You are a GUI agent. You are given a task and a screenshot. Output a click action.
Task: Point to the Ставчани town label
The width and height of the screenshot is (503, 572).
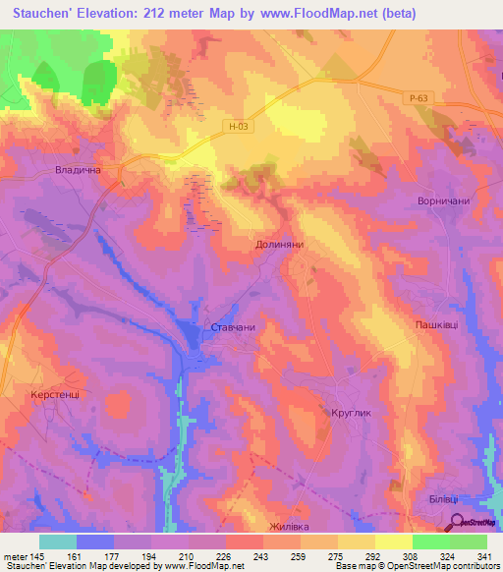pos(233,328)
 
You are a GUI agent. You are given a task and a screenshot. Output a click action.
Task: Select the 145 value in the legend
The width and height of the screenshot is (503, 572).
pos(40,555)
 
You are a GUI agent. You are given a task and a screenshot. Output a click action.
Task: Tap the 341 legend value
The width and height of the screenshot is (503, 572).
pos(485,555)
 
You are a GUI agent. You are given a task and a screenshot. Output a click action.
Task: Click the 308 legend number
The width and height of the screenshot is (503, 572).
pos(412,555)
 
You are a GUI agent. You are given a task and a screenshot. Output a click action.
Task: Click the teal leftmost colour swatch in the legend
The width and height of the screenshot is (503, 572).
pos(58,541)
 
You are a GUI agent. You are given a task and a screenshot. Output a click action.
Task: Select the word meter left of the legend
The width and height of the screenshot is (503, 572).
pos(14,555)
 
